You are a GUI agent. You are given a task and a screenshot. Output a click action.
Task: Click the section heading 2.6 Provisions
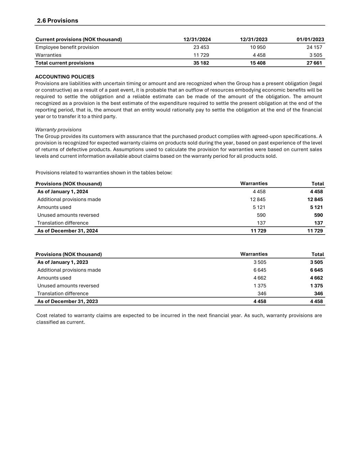click(57, 20)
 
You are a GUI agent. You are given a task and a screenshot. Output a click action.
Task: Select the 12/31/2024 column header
click(197, 39)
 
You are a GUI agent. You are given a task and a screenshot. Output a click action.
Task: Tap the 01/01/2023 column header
click(310, 39)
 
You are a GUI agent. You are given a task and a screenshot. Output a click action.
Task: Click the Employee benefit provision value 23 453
click(201, 47)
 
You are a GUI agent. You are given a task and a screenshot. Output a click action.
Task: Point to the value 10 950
click(258, 47)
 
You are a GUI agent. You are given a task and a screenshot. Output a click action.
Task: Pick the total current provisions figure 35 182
click(201, 63)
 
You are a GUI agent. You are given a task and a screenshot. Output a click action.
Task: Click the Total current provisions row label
click(64, 63)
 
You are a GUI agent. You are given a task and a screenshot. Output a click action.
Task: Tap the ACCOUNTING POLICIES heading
click(64, 77)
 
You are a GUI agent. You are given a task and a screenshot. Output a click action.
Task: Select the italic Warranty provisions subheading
click(58, 130)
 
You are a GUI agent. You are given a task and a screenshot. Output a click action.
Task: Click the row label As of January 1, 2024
click(62, 192)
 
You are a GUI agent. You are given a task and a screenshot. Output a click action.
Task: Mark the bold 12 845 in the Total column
click(315, 199)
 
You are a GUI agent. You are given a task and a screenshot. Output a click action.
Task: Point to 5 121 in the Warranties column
click(259, 207)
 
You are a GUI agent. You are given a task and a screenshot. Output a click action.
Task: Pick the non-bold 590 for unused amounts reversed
click(261, 215)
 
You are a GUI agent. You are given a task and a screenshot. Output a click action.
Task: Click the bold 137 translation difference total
click(318, 223)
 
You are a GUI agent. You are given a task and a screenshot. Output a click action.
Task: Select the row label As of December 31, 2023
click(67, 301)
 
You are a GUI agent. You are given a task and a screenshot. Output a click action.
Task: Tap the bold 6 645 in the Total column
click(316, 270)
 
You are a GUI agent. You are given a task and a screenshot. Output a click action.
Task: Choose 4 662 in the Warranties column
click(260, 278)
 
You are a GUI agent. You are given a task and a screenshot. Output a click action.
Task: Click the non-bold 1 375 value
click(260, 286)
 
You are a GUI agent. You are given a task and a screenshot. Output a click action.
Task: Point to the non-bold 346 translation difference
click(262, 294)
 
